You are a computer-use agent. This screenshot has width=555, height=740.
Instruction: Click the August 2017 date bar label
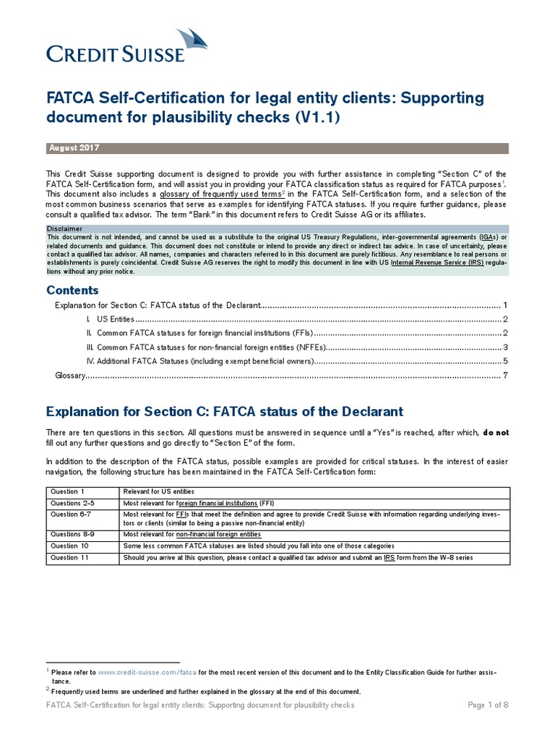(74, 148)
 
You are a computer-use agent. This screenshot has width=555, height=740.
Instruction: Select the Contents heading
(72, 290)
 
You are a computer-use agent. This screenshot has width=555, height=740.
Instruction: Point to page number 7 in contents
(506, 375)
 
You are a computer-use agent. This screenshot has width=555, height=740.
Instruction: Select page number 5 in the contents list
(506, 361)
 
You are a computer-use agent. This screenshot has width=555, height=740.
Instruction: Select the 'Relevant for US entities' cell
(167, 491)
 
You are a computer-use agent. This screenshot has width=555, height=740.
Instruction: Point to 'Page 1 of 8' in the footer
(489, 705)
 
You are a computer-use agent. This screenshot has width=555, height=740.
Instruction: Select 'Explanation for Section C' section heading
(224, 411)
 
